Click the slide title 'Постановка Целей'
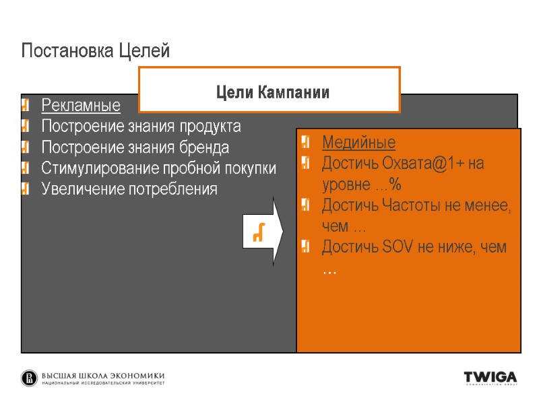95,50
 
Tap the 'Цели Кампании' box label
272,93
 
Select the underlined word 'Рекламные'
81,106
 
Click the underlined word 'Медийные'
358,143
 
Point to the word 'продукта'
210,127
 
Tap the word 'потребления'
179,189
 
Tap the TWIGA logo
490,378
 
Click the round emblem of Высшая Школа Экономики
30,378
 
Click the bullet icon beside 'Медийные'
307,143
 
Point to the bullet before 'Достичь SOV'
307,247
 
